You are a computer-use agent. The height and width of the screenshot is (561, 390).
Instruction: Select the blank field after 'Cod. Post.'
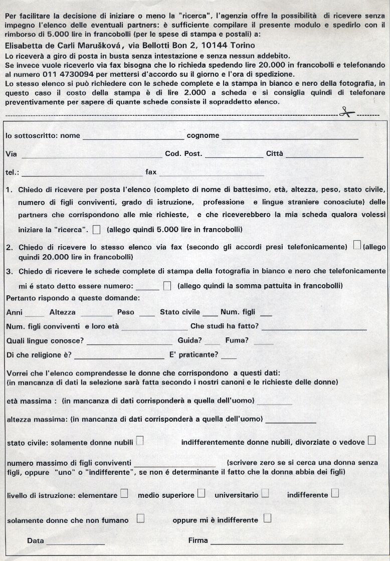[x=234, y=156]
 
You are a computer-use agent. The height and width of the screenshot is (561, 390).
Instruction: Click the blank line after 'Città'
[x=324, y=156]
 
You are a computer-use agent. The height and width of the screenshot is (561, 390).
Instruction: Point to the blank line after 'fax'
[x=212, y=174]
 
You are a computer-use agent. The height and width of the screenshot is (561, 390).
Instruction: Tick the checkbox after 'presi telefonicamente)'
[x=357, y=245]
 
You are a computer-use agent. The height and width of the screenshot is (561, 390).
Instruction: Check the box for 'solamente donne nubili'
[x=140, y=441]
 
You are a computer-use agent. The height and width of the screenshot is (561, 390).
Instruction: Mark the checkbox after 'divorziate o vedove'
[x=371, y=441]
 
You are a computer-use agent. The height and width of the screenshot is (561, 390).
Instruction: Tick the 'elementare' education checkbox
[x=124, y=493]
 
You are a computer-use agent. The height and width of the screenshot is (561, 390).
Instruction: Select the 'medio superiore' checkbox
[x=201, y=493]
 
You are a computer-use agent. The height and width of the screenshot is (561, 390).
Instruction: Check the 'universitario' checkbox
[x=265, y=493]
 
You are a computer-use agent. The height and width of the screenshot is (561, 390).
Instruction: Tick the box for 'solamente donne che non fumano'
[x=140, y=518]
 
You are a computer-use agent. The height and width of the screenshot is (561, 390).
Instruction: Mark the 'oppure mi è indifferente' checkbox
[x=267, y=518]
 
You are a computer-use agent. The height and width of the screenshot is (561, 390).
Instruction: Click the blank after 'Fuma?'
[x=263, y=343]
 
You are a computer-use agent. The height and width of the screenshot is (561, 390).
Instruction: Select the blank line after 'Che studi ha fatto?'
[x=314, y=329]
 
